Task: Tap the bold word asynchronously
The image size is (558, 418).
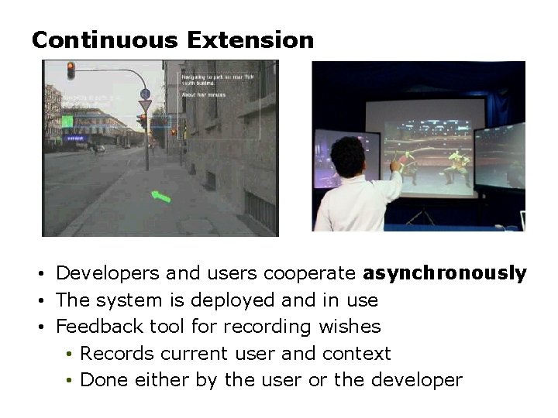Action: click(444, 273)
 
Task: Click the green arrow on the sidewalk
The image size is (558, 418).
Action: click(160, 197)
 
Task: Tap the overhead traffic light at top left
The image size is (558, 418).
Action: click(71, 70)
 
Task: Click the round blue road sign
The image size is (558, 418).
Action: click(145, 94)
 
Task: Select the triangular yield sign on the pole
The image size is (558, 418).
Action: click(145, 105)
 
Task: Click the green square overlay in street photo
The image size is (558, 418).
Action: click(67, 121)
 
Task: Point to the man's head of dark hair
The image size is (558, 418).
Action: click(353, 156)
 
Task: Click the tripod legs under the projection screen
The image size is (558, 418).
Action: click(419, 216)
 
